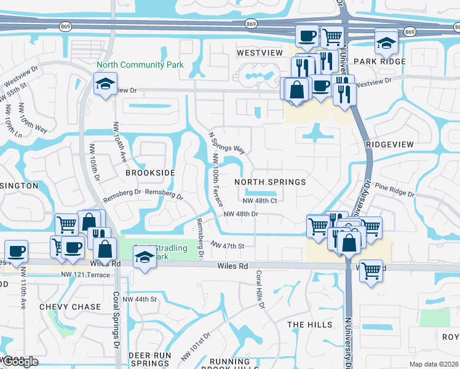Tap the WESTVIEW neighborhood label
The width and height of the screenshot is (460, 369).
click(x=260, y=54)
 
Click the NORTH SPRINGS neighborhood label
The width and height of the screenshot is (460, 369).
click(x=270, y=182)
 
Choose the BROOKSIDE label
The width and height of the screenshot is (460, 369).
click(x=151, y=173)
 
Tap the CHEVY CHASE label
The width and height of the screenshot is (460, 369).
click(x=69, y=306)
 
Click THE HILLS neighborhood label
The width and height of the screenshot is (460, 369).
click(x=309, y=324)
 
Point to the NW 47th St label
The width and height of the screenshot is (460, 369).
click(x=228, y=245)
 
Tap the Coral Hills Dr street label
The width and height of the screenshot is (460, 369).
click(x=260, y=289)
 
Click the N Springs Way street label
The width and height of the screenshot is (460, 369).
click(x=227, y=142)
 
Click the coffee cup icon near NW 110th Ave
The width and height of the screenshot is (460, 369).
click(x=16, y=250)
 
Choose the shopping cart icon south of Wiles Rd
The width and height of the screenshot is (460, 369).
click(x=371, y=269)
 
